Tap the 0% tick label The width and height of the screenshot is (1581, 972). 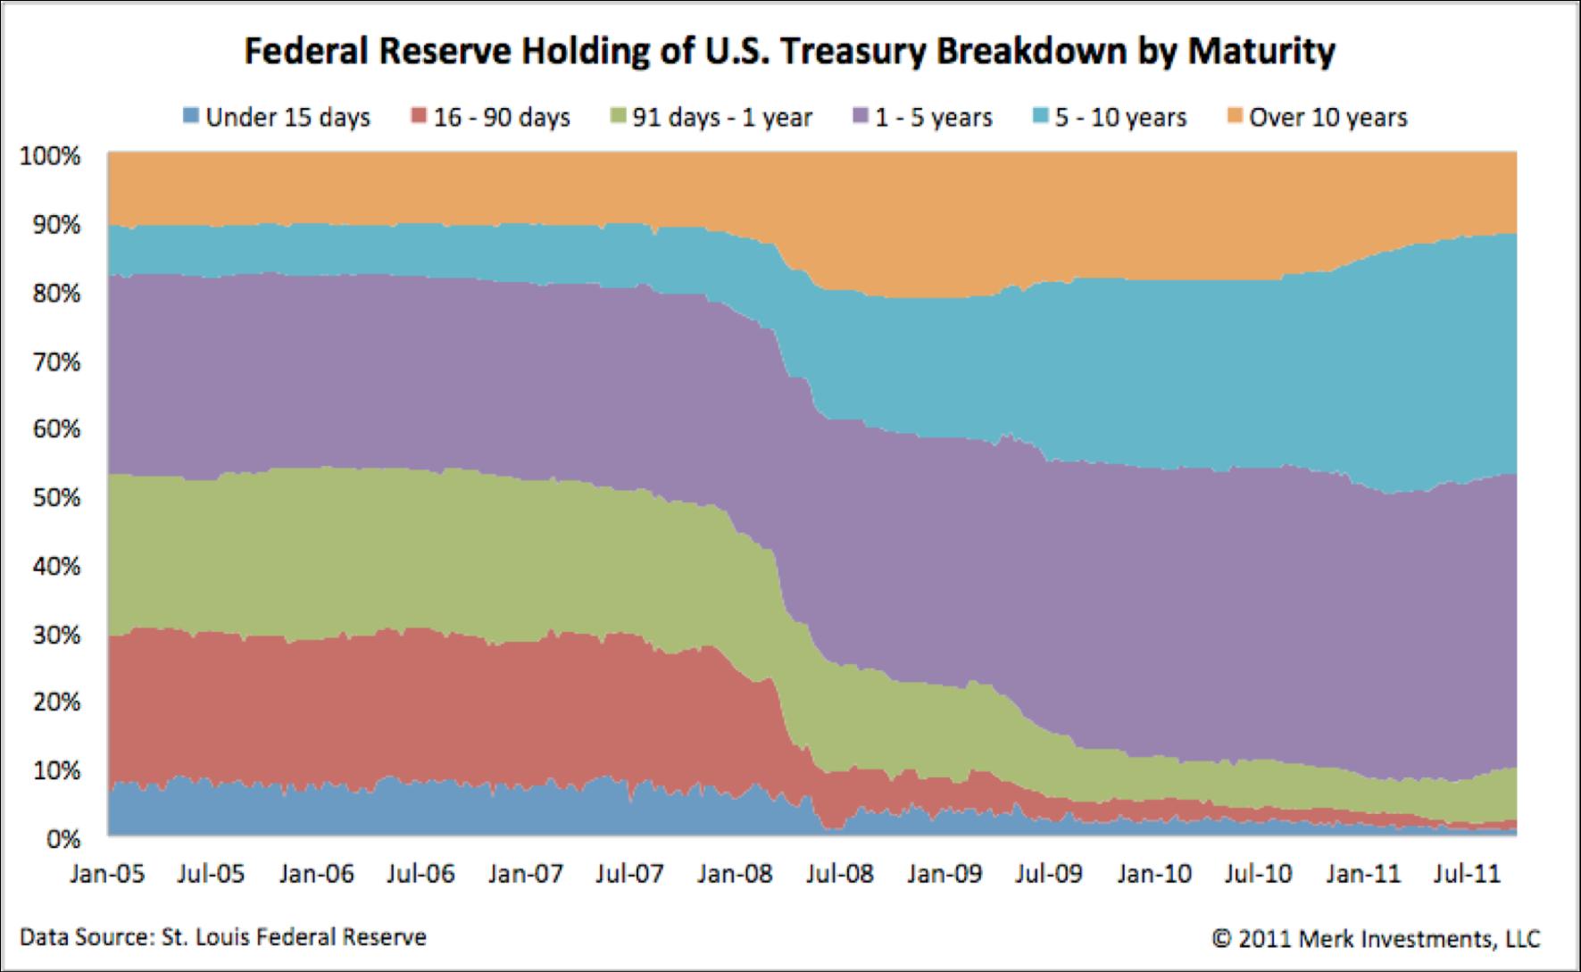(x=62, y=838)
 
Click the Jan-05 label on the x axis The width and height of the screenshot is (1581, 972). (x=106, y=873)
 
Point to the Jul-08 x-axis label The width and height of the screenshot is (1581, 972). (x=836, y=873)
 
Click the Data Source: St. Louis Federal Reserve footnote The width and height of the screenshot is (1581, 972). (x=223, y=938)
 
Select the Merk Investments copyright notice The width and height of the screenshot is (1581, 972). (x=1375, y=938)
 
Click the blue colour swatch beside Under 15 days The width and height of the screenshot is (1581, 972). (x=190, y=117)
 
